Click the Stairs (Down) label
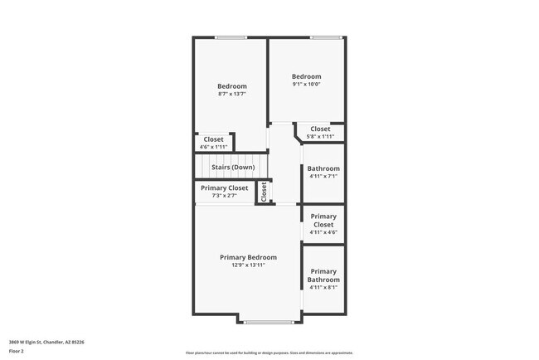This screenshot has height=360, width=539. (x=232, y=168)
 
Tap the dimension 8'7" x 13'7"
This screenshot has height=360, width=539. (x=232, y=94)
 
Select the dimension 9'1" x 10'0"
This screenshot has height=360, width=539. (x=306, y=84)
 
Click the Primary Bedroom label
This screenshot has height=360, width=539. (x=248, y=257)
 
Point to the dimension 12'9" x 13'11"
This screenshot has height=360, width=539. (x=248, y=265)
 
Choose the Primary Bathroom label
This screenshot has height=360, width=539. (x=323, y=275)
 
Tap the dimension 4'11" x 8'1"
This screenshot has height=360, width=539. (x=323, y=288)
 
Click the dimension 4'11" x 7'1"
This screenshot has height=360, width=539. (x=323, y=176)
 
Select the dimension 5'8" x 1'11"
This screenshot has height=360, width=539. (x=320, y=136)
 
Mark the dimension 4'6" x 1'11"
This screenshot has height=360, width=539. (x=213, y=147)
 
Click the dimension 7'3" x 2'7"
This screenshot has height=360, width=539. (x=224, y=196)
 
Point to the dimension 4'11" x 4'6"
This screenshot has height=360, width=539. (x=323, y=233)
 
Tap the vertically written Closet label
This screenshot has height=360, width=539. (x=264, y=192)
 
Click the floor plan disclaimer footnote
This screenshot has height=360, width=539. (x=269, y=353)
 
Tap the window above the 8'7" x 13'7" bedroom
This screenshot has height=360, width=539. (x=231, y=37)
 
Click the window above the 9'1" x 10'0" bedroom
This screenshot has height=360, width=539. (x=326, y=37)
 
